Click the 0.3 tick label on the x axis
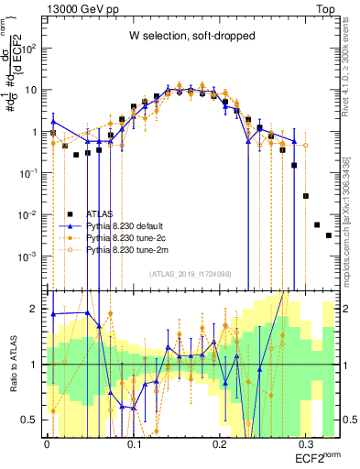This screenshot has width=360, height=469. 303,443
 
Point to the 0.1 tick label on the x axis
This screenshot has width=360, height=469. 134,443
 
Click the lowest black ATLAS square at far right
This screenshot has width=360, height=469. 329,235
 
